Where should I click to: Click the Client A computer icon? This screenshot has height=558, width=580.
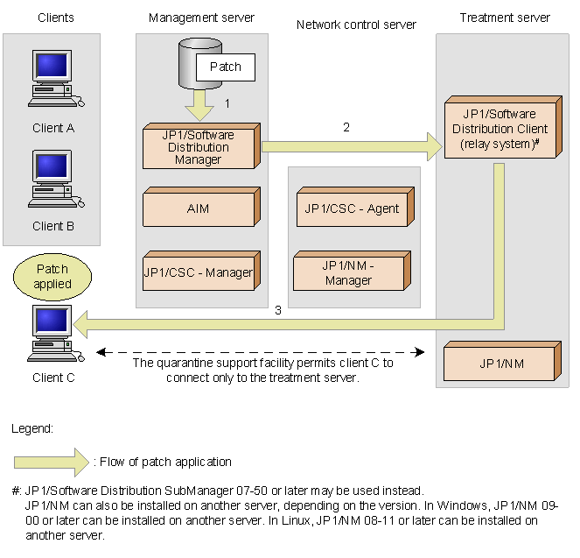point(55,79)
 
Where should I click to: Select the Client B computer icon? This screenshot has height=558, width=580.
point(55,179)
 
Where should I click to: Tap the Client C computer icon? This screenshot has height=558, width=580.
point(55,333)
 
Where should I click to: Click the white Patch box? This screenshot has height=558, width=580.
point(226,67)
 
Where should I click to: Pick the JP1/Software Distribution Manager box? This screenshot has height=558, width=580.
point(201,146)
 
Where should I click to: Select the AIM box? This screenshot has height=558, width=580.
point(201,207)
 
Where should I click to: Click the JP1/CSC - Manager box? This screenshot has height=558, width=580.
point(201,271)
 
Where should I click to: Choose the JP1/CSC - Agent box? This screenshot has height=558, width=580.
point(355,207)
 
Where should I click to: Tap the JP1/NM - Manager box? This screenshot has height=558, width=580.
point(352,271)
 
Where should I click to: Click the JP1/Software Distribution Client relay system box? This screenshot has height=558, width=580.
point(503,127)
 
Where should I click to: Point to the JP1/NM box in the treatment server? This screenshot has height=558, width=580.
point(502,361)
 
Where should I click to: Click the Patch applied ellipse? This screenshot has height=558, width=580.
point(52,277)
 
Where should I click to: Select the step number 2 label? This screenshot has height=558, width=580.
point(346,127)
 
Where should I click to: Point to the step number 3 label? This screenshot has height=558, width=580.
point(278,310)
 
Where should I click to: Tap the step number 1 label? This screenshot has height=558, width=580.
point(227,103)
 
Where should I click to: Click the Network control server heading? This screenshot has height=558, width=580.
point(356,25)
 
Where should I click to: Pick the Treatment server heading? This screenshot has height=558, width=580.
point(505,18)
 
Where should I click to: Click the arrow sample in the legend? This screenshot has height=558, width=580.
point(52,463)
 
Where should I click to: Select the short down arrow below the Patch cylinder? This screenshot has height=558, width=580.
point(199,105)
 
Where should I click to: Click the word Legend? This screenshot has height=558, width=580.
point(32,428)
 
